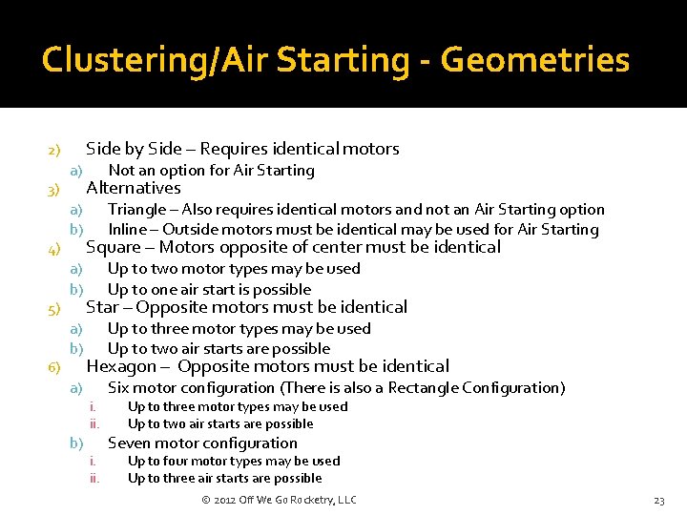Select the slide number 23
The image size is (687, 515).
point(658,501)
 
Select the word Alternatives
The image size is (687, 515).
point(134,188)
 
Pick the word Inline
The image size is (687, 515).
point(127,229)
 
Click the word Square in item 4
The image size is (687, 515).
point(111,248)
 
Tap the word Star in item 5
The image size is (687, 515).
point(102,307)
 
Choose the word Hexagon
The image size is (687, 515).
point(120,366)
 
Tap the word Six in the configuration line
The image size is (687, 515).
point(118,387)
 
